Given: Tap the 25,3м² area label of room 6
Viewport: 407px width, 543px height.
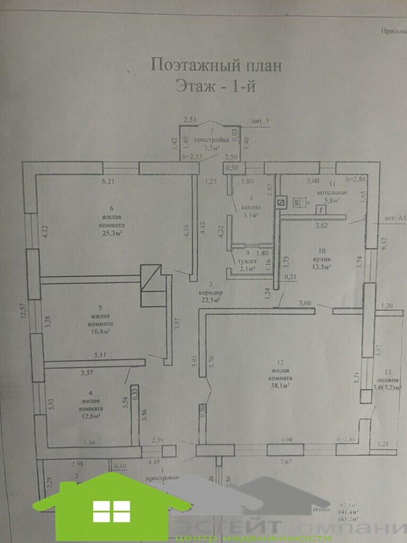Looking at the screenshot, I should tap(112, 233).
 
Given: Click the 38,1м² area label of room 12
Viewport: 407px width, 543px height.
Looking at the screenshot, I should tap(280, 387).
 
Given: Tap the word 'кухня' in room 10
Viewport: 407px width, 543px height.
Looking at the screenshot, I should tap(322, 259).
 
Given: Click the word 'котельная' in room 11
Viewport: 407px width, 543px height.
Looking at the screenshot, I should tap(332, 192).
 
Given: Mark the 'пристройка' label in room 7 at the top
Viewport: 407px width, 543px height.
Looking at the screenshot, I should tap(211, 140).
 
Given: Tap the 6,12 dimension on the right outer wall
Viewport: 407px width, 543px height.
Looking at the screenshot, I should tap(384, 243).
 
